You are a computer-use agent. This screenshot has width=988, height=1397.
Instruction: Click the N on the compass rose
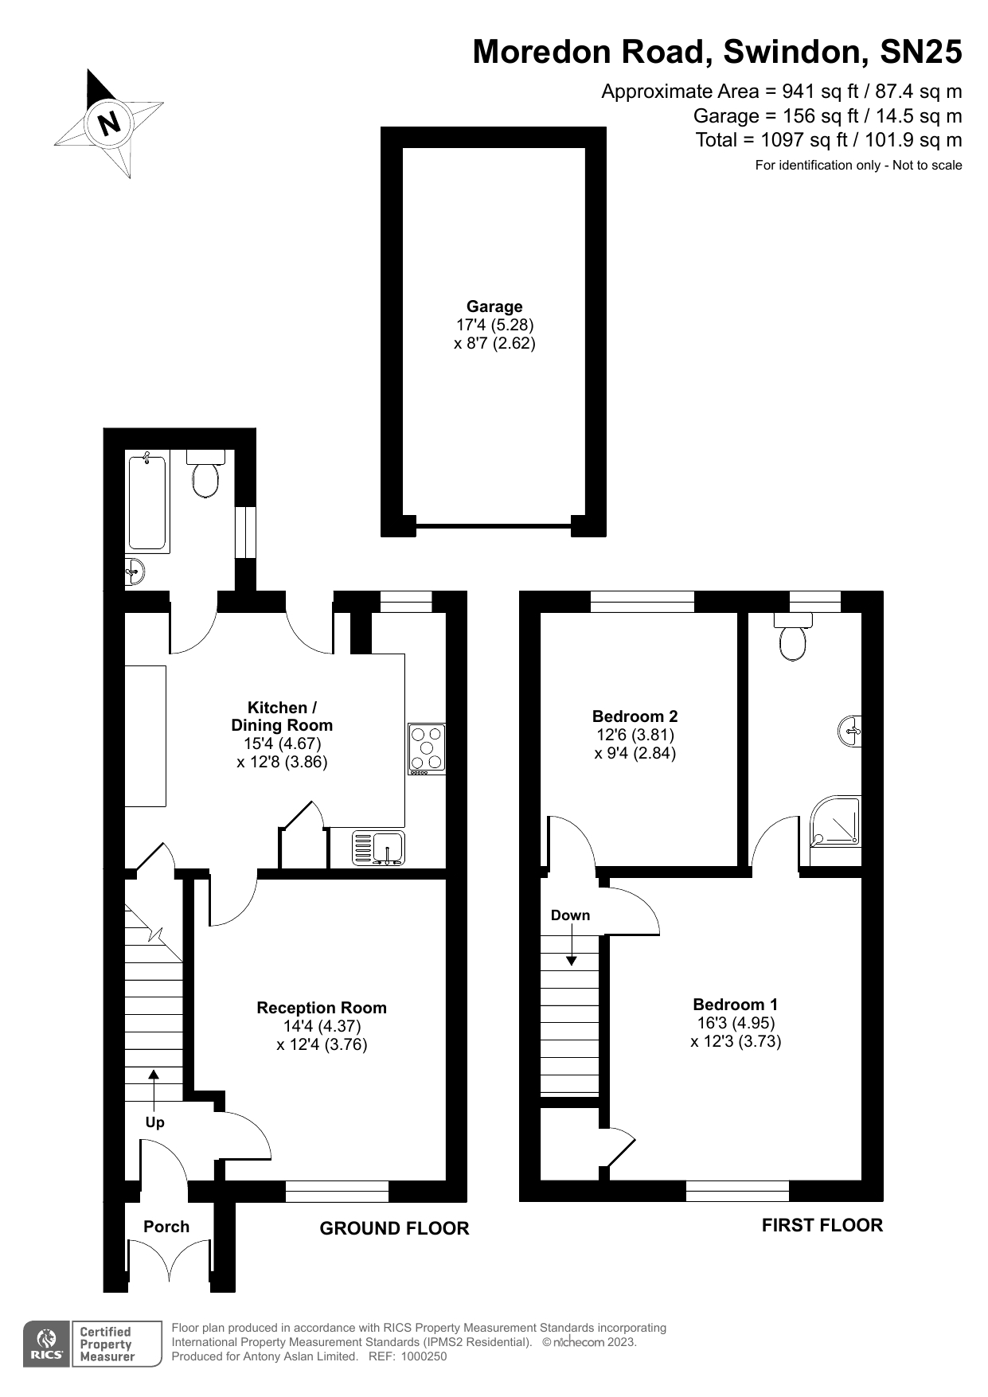(x=109, y=123)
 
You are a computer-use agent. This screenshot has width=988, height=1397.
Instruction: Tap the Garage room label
(x=494, y=306)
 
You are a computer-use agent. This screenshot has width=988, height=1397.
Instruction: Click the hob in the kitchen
(x=427, y=748)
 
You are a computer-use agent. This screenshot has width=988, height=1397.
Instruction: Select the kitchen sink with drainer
(x=378, y=848)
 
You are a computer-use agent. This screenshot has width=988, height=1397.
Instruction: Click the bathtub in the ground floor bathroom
(x=147, y=501)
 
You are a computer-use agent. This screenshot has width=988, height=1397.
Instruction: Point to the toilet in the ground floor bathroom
(x=205, y=475)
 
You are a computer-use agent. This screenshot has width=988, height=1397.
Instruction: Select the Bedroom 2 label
(x=635, y=716)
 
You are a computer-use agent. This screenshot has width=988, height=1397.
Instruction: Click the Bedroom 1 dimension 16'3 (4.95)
(x=736, y=1023)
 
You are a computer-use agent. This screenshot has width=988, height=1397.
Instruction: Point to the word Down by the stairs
(x=570, y=915)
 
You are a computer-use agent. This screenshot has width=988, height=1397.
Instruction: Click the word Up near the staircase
(x=154, y=1122)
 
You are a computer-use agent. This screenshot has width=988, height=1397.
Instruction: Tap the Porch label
(x=166, y=1227)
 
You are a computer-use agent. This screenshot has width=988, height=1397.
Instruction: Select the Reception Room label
(x=322, y=1008)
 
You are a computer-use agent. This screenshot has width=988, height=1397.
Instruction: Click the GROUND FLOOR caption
(x=394, y=1228)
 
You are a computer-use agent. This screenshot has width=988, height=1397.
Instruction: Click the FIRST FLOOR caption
(x=822, y=1225)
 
